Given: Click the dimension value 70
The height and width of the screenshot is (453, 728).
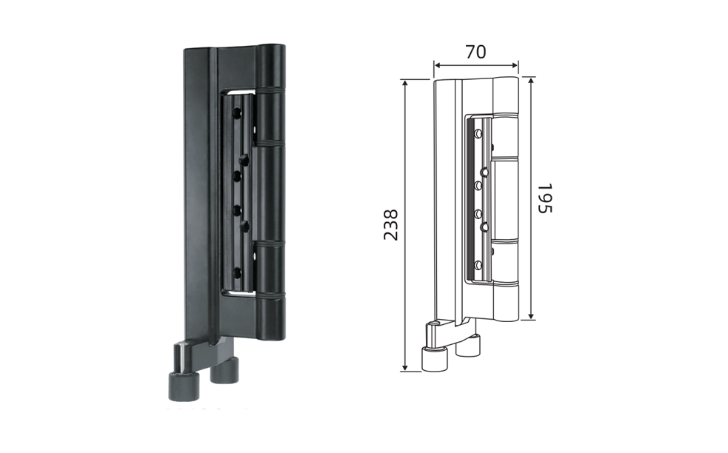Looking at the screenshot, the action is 476,52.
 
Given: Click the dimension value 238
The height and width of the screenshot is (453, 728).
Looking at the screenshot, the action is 391,225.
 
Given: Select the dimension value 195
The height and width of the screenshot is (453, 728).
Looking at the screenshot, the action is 545,198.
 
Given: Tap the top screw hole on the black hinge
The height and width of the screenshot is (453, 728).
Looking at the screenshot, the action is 237,113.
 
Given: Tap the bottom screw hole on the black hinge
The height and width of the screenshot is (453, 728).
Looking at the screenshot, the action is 237,273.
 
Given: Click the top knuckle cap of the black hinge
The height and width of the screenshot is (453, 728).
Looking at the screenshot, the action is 271,66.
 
